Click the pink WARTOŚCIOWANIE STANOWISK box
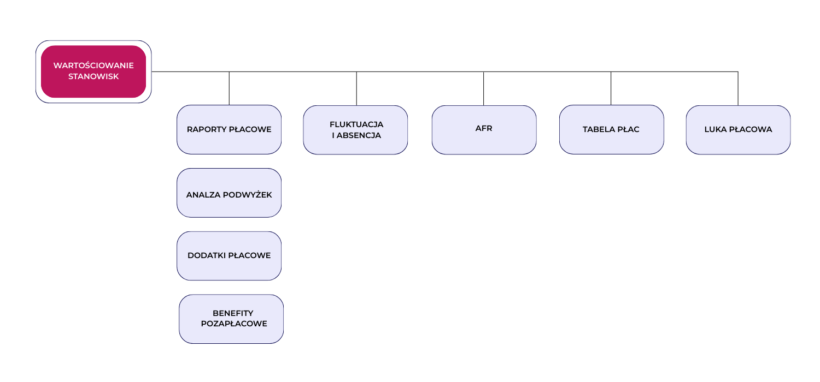pos(93,71)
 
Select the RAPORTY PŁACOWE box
pos(229,129)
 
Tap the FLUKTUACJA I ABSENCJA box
pos(355,130)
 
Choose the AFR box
pos(484,130)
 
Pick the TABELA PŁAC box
pos(611,129)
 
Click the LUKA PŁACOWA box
pos(738,130)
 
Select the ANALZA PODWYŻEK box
pos(229,193)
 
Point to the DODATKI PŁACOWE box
pos(229,256)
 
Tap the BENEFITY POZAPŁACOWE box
pos(231,319)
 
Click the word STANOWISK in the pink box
pos(93,76)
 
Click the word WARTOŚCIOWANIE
pos(93,65)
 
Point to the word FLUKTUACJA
pos(356,124)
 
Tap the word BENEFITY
pos(233,313)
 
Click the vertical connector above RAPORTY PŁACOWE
pos(229,88)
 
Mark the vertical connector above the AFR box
pos(484,88)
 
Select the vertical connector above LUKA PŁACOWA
pos(738,88)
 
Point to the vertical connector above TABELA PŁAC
pos(611,88)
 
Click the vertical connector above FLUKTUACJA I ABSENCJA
pos(356,88)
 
